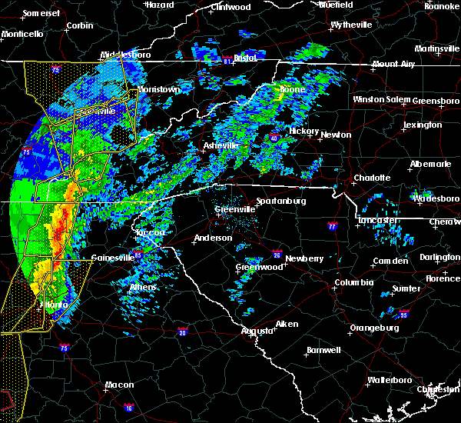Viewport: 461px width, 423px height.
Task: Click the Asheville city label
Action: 221,145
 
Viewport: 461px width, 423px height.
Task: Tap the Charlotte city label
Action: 372,178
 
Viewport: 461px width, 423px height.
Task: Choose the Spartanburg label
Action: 281,201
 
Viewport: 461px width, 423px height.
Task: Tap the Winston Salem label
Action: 382,100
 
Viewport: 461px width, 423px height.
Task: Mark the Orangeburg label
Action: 374,328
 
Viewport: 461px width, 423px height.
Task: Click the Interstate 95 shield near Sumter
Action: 403,314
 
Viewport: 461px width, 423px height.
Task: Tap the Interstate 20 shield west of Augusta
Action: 183,331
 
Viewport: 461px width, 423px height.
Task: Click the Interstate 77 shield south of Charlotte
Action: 332,227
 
